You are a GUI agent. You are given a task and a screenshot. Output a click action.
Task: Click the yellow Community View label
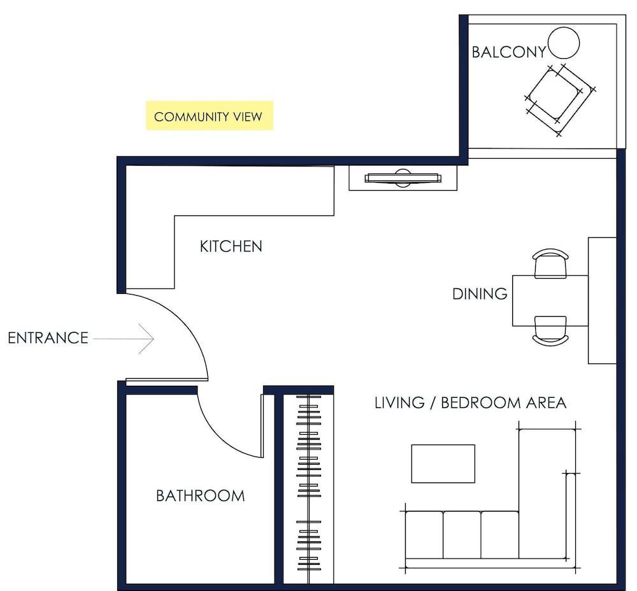click(x=209, y=116)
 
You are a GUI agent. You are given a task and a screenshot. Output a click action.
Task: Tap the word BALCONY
click(x=508, y=52)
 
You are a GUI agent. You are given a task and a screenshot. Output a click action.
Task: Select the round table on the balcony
click(x=564, y=43)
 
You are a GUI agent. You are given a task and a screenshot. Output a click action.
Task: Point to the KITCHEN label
click(x=231, y=246)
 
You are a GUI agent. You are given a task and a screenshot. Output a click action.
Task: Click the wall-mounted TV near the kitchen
click(x=403, y=178)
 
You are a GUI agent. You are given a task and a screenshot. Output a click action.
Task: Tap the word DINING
click(x=480, y=294)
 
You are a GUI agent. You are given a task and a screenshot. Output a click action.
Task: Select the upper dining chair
click(x=550, y=263)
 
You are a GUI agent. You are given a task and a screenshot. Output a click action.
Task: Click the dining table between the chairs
click(x=549, y=300)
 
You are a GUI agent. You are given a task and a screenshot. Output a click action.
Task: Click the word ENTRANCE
click(x=48, y=338)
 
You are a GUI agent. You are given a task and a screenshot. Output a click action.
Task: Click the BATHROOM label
click(x=200, y=495)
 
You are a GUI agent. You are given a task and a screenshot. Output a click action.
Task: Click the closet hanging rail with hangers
click(x=308, y=485)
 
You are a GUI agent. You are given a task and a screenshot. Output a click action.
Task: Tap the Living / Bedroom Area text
click(x=470, y=403)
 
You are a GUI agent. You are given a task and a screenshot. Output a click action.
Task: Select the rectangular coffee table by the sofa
click(x=443, y=463)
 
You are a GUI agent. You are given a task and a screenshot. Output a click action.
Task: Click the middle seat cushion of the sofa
click(x=461, y=534)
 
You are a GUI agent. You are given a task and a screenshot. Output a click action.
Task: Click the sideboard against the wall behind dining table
click(x=602, y=300)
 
